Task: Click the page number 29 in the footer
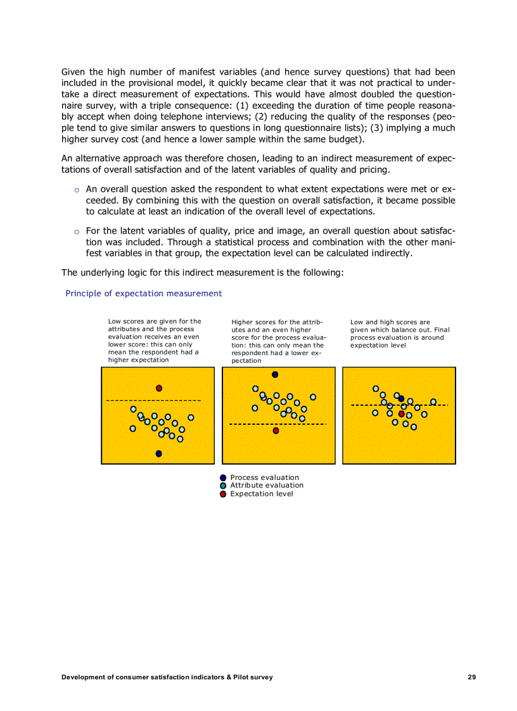click(x=471, y=677)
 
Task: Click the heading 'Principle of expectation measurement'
click(x=144, y=293)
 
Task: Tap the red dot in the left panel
click(x=159, y=388)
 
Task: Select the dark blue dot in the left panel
click(x=158, y=453)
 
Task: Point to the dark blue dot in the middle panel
click(x=275, y=374)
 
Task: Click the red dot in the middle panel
click(x=276, y=431)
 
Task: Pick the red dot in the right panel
click(x=401, y=414)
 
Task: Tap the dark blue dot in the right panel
click(x=401, y=398)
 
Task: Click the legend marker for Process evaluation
click(x=223, y=478)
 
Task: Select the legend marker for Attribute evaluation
click(x=223, y=486)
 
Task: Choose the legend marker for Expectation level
click(x=223, y=494)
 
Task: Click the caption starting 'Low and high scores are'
click(x=399, y=334)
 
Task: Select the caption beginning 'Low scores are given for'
click(x=155, y=341)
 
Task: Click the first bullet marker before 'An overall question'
click(x=77, y=190)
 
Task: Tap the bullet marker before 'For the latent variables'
click(x=77, y=231)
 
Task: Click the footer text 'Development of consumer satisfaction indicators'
click(x=167, y=677)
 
